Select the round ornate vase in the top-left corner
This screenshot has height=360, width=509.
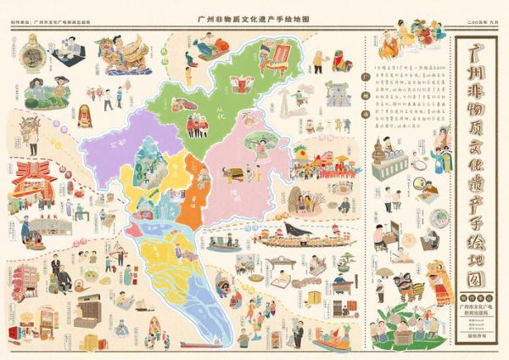(32, 56)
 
